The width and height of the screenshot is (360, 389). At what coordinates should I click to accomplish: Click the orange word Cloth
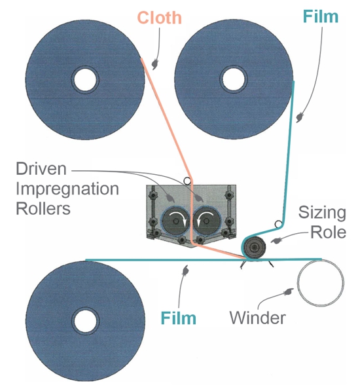(160, 18)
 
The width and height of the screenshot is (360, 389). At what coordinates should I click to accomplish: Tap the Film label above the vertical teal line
(320, 16)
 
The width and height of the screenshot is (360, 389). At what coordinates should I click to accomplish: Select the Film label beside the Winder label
(178, 318)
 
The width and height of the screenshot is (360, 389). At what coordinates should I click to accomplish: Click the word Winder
(258, 318)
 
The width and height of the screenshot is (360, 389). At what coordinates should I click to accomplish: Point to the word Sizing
(322, 213)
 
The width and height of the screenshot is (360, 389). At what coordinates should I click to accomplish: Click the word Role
(329, 232)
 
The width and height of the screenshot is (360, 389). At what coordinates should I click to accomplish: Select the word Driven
(41, 169)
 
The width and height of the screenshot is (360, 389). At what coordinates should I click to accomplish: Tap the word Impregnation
(67, 189)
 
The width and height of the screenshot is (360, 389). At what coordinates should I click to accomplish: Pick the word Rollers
(43, 209)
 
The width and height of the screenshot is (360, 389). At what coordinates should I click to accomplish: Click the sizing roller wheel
(255, 248)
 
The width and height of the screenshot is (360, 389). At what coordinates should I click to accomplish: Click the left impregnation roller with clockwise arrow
(176, 221)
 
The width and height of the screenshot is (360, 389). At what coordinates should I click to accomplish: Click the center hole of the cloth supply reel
(85, 80)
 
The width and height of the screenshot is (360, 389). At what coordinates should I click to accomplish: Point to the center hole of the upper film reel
(234, 79)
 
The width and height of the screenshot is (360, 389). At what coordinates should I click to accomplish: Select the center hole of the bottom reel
(85, 320)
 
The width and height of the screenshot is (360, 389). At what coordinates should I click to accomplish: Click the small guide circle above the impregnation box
(187, 181)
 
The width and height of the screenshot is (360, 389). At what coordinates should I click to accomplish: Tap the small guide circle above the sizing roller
(278, 224)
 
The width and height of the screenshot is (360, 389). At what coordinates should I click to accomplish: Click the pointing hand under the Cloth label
(155, 64)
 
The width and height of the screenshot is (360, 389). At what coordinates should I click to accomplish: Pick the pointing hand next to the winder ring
(288, 292)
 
